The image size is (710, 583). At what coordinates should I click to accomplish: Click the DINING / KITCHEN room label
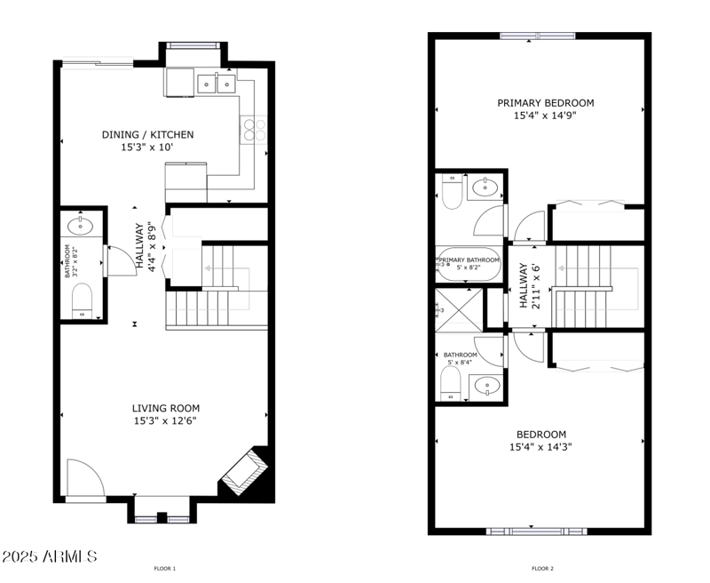point(147,134)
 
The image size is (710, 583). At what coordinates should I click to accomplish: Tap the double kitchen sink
point(217,84)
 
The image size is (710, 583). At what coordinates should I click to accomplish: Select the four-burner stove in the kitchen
point(254,130)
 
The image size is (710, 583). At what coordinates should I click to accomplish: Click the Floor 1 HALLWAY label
point(139,246)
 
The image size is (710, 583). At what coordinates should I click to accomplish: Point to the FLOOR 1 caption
point(165,568)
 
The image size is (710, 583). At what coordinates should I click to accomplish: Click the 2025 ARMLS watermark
point(49,556)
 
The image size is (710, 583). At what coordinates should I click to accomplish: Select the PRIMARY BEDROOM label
point(545,103)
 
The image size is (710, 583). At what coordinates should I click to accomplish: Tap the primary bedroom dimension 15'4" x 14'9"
point(545,115)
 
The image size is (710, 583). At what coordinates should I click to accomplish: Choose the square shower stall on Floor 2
point(460,310)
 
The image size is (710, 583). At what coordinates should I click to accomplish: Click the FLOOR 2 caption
point(542,568)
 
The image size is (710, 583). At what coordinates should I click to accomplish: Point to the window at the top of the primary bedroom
point(538,36)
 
